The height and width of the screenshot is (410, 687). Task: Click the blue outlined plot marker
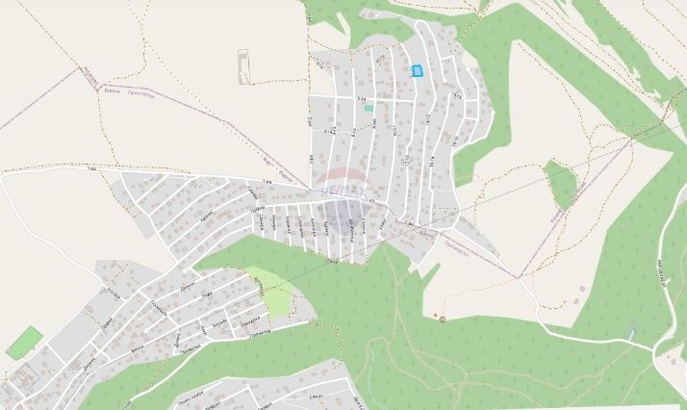[x=418, y=70]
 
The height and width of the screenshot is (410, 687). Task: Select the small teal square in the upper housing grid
[x=369, y=108]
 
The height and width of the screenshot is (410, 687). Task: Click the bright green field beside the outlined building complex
[x=24, y=343]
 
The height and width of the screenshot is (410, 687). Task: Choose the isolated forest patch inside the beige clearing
[x=560, y=182]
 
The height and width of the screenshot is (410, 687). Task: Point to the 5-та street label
[x=363, y=97]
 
